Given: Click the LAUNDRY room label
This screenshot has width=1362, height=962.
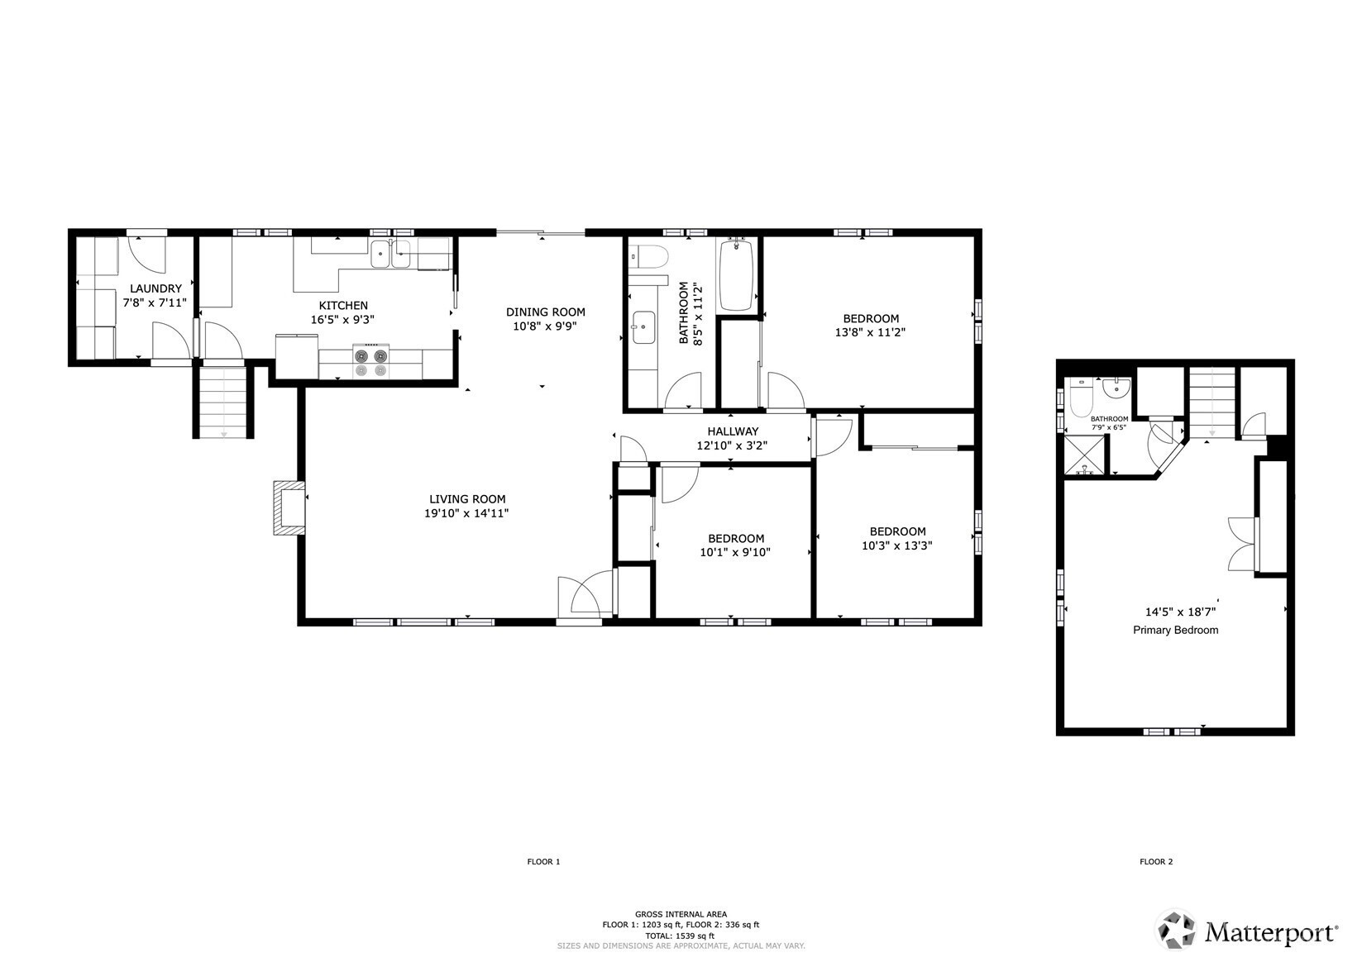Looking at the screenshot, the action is pos(155,288).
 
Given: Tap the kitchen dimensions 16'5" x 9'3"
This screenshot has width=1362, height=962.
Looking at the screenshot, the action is pos(342,320).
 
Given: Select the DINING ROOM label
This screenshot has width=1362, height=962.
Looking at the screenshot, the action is pos(546,312).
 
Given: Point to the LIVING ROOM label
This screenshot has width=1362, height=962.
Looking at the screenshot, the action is pos(467,499).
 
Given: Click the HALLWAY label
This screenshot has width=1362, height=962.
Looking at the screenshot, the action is pos(733,431).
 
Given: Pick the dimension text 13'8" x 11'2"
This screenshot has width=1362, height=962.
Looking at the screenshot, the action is pos(871,332).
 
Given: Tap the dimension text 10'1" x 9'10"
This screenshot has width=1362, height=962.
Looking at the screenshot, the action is pos(735,552).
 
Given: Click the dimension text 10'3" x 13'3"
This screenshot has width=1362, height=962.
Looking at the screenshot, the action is pos(897,545).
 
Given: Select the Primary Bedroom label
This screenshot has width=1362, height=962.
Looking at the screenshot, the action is pos(1175,631).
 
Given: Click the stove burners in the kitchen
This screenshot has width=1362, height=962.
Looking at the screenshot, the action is pos(371,363).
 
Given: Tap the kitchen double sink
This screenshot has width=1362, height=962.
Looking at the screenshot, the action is pos(391,254).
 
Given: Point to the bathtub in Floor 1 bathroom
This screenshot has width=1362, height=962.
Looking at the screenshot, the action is pos(736,275).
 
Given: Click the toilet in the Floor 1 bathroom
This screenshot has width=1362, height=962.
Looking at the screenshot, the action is pos(648,256).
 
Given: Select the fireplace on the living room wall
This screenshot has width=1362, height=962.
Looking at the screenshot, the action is pos(289,508).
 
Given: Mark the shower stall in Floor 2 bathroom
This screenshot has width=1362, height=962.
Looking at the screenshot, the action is pos(1083,455).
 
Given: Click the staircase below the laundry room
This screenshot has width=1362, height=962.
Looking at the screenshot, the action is pos(223,402).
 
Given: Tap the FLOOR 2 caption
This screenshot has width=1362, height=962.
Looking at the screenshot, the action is pos(1156,862).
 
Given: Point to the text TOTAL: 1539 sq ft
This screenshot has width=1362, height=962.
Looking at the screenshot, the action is pos(681,936).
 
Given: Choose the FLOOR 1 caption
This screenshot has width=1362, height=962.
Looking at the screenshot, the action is pos(543,862).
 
